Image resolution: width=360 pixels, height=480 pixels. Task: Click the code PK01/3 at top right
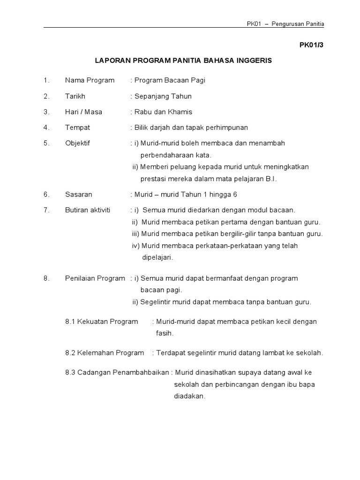311,45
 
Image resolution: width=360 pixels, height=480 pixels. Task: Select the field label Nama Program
90,80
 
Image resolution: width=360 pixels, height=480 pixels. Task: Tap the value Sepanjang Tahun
163,96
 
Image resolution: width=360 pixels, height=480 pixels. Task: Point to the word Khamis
181,112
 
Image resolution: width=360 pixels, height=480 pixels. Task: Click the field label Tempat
77,127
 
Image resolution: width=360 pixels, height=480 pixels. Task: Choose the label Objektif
77,143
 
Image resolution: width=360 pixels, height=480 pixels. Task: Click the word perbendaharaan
166,155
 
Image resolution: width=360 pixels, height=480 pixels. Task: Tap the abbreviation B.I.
270,179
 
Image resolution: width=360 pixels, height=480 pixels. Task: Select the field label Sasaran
79,194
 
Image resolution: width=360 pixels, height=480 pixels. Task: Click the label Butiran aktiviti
88,210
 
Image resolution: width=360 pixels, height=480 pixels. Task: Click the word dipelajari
157,257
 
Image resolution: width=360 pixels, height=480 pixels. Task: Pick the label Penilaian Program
95,278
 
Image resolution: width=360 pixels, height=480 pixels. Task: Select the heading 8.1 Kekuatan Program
102,322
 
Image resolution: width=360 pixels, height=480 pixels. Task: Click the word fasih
165,333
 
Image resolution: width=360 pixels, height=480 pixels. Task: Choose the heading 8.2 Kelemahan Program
105,352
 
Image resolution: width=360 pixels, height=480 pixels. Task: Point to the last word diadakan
189,396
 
